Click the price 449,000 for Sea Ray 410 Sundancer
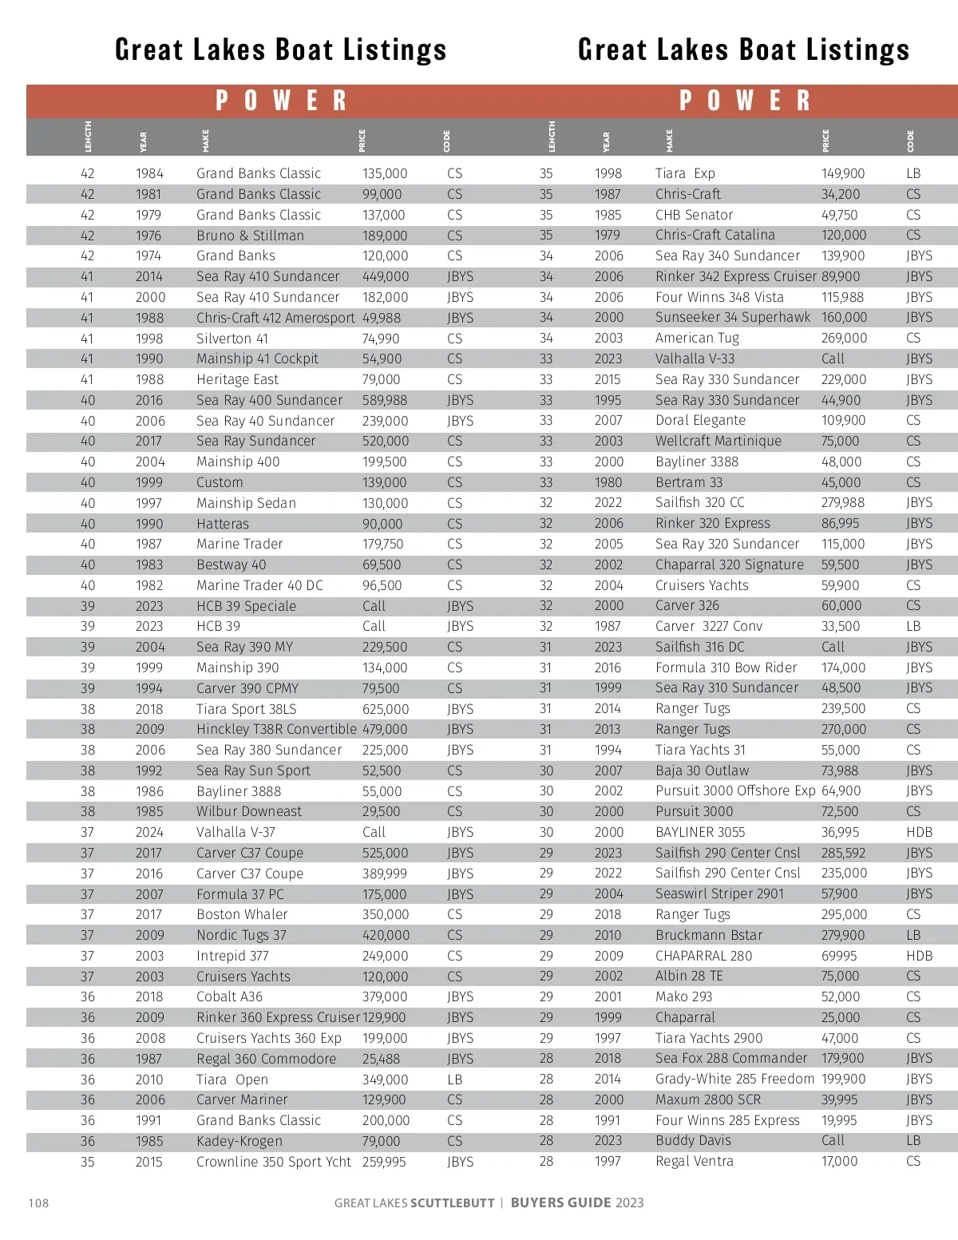coord(385,276)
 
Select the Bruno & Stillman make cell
coord(250,236)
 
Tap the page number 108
coord(38,1202)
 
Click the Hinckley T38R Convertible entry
coord(276,729)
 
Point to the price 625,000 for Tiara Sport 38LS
coord(385,709)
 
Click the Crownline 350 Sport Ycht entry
coord(273,1162)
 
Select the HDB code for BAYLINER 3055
coord(919,832)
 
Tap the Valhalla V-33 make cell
coord(695,359)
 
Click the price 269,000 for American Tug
coord(844,338)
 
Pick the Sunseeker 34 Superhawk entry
coord(733,317)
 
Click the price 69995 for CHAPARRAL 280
coord(839,956)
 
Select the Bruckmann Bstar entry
coord(709,935)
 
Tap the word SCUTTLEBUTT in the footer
coord(453,1202)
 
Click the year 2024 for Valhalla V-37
coord(149,832)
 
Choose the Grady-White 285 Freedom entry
coord(734,1079)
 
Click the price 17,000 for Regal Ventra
coord(839,1161)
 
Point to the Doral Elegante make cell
coord(700,420)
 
